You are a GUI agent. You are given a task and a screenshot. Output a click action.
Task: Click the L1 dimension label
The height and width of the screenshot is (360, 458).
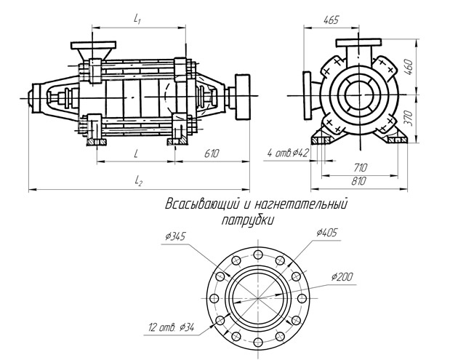[x=137, y=20]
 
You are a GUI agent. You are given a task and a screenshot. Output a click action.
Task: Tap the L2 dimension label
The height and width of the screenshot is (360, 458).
[x=138, y=182]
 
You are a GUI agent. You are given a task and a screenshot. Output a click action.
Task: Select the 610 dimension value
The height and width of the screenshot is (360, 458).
[x=212, y=153]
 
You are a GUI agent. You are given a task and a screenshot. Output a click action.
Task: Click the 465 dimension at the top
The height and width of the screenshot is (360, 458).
[x=332, y=20]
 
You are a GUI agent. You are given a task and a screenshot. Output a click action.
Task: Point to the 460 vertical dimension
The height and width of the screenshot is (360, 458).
[x=409, y=68]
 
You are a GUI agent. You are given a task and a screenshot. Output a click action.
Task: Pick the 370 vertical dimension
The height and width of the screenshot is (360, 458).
[x=409, y=119]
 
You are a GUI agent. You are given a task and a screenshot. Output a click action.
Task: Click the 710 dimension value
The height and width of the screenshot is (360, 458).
[x=360, y=168]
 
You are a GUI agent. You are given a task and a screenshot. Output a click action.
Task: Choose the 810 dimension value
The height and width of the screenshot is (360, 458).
[x=358, y=181]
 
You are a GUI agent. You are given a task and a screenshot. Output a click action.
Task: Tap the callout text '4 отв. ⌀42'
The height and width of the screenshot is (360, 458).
[x=287, y=153]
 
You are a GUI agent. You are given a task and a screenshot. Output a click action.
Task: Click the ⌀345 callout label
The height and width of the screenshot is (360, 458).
[x=175, y=236]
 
